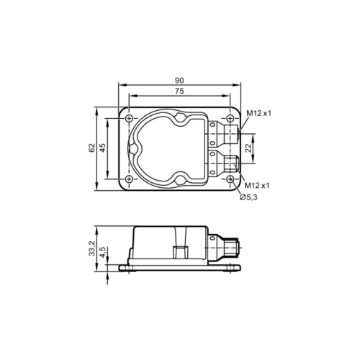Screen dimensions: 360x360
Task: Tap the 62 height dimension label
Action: (91, 148)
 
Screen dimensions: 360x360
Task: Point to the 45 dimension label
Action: (103, 148)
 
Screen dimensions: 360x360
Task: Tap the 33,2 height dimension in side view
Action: (91, 248)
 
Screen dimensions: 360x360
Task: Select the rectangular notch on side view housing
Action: (178, 252)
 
